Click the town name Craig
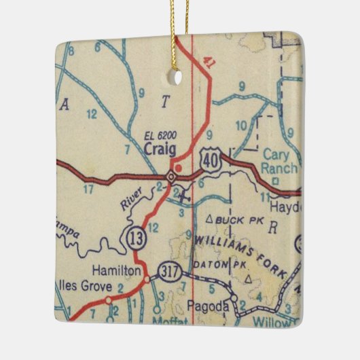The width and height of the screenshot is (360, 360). (161, 149)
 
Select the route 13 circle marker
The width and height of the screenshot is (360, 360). (132, 237)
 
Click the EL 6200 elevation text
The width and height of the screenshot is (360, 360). (160, 135)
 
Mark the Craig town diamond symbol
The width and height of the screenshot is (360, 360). (171, 177)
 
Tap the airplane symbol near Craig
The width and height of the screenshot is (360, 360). (184, 196)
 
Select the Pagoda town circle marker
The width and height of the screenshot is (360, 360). (233, 298)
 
